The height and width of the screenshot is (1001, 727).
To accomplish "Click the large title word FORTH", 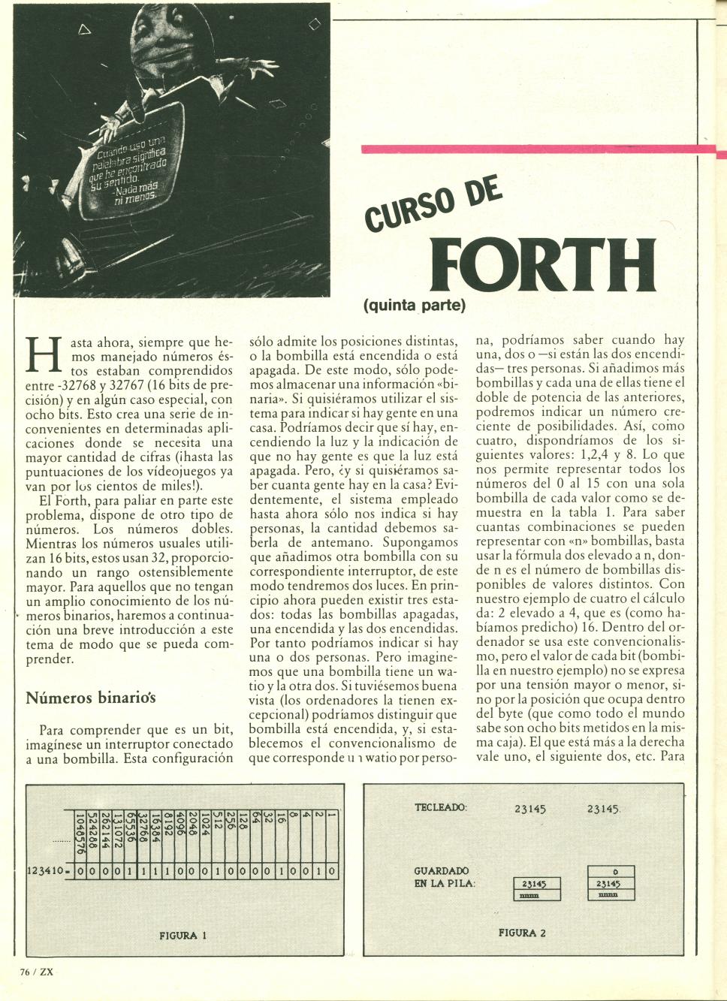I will pos(544,267).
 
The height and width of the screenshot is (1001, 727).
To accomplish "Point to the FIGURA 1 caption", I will pos(183,935).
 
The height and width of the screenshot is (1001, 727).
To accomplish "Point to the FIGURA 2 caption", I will pos(522,933).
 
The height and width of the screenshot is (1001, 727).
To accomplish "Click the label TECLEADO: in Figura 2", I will pos(441,808).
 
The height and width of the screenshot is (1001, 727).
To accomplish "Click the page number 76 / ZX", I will pos(36,970).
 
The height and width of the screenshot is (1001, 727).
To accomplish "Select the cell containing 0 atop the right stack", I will pos(614,871).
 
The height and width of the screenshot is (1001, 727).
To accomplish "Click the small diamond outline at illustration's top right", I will pos(314,25).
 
